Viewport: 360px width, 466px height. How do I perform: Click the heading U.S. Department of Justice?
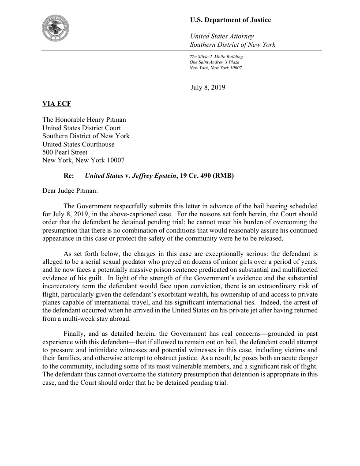tap(230, 20)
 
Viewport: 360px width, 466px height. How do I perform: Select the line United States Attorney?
tap(221, 36)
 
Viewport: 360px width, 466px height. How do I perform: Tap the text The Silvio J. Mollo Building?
tap(216, 57)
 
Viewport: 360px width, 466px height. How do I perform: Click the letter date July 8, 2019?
tap(208, 87)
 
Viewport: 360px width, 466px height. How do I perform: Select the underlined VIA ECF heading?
tap(56, 104)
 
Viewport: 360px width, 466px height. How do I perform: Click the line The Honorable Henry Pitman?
tap(84, 120)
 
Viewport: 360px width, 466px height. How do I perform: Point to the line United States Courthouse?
tap(78, 144)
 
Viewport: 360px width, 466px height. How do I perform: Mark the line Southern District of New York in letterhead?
tap(232, 45)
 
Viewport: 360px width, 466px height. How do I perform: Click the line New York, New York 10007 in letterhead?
tap(215, 68)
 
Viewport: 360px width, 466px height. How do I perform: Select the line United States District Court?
tap(82, 128)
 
